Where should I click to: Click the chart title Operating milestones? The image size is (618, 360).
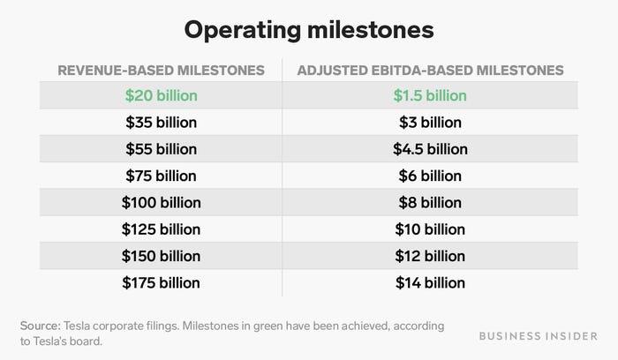pyautogui.click(x=308, y=30)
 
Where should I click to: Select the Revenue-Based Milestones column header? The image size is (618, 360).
pyautogui.click(x=161, y=70)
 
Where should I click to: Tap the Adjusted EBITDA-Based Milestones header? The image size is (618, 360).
pyautogui.click(x=429, y=70)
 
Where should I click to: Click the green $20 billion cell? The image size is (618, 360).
pyautogui.click(x=161, y=95)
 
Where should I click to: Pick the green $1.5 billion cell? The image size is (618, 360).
pyautogui.click(x=429, y=95)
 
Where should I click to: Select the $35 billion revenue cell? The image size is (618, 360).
pyautogui.click(x=161, y=122)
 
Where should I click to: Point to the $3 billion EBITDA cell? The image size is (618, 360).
pyautogui.click(x=429, y=122)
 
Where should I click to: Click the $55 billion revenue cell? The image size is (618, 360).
pyautogui.click(x=161, y=149)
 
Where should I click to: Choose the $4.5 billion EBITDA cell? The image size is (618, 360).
pyautogui.click(x=429, y=149)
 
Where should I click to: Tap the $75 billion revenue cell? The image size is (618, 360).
pyautogui.click(x=161, y=176)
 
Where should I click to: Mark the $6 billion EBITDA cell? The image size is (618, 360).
pyautogui.click(x=429, y=176)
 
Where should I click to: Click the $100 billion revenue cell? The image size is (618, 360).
pyautogui.click(x=161, y=203)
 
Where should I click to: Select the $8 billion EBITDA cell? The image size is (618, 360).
pyautogui.click(x=429, y=203)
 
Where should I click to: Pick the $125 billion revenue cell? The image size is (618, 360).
pyautogui.click(x=161, y=229)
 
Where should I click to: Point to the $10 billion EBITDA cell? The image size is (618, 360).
pyautogui.click(x=429, y=229)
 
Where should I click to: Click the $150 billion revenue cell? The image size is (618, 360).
pyautogui.click(x=161, y=256)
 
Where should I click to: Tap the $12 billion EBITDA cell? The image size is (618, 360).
pyautogui.click(x=429, y=256)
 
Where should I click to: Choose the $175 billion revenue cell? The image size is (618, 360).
pyautogui.click(x=161, y=283)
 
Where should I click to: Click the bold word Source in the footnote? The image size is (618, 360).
pyautogui.click(x=41, y=326)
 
